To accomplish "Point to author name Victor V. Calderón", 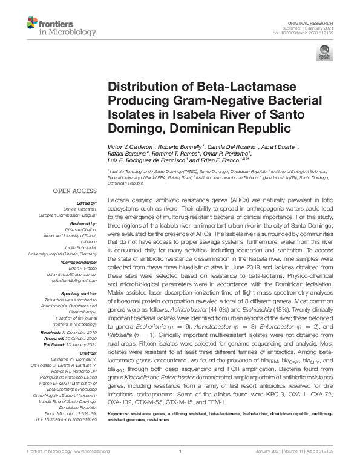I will [131, 147].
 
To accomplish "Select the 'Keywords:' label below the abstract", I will [119, 428].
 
